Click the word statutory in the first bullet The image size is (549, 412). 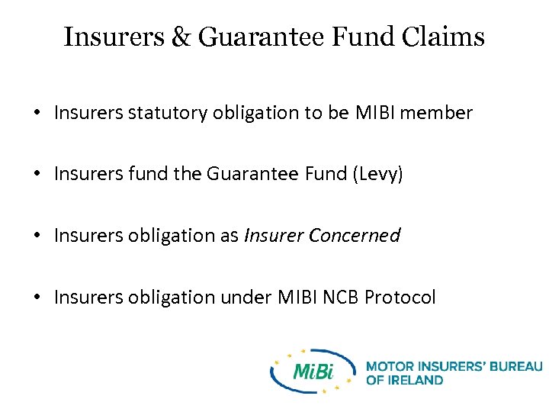[167, 114]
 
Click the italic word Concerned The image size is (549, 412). [355, 236]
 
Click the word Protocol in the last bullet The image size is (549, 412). [400, 297]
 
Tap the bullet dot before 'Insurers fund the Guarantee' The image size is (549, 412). [37, 175]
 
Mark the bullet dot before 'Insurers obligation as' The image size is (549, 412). [37, 237]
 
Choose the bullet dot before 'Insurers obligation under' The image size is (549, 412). [37, 298]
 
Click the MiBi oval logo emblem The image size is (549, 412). [313, 371]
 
